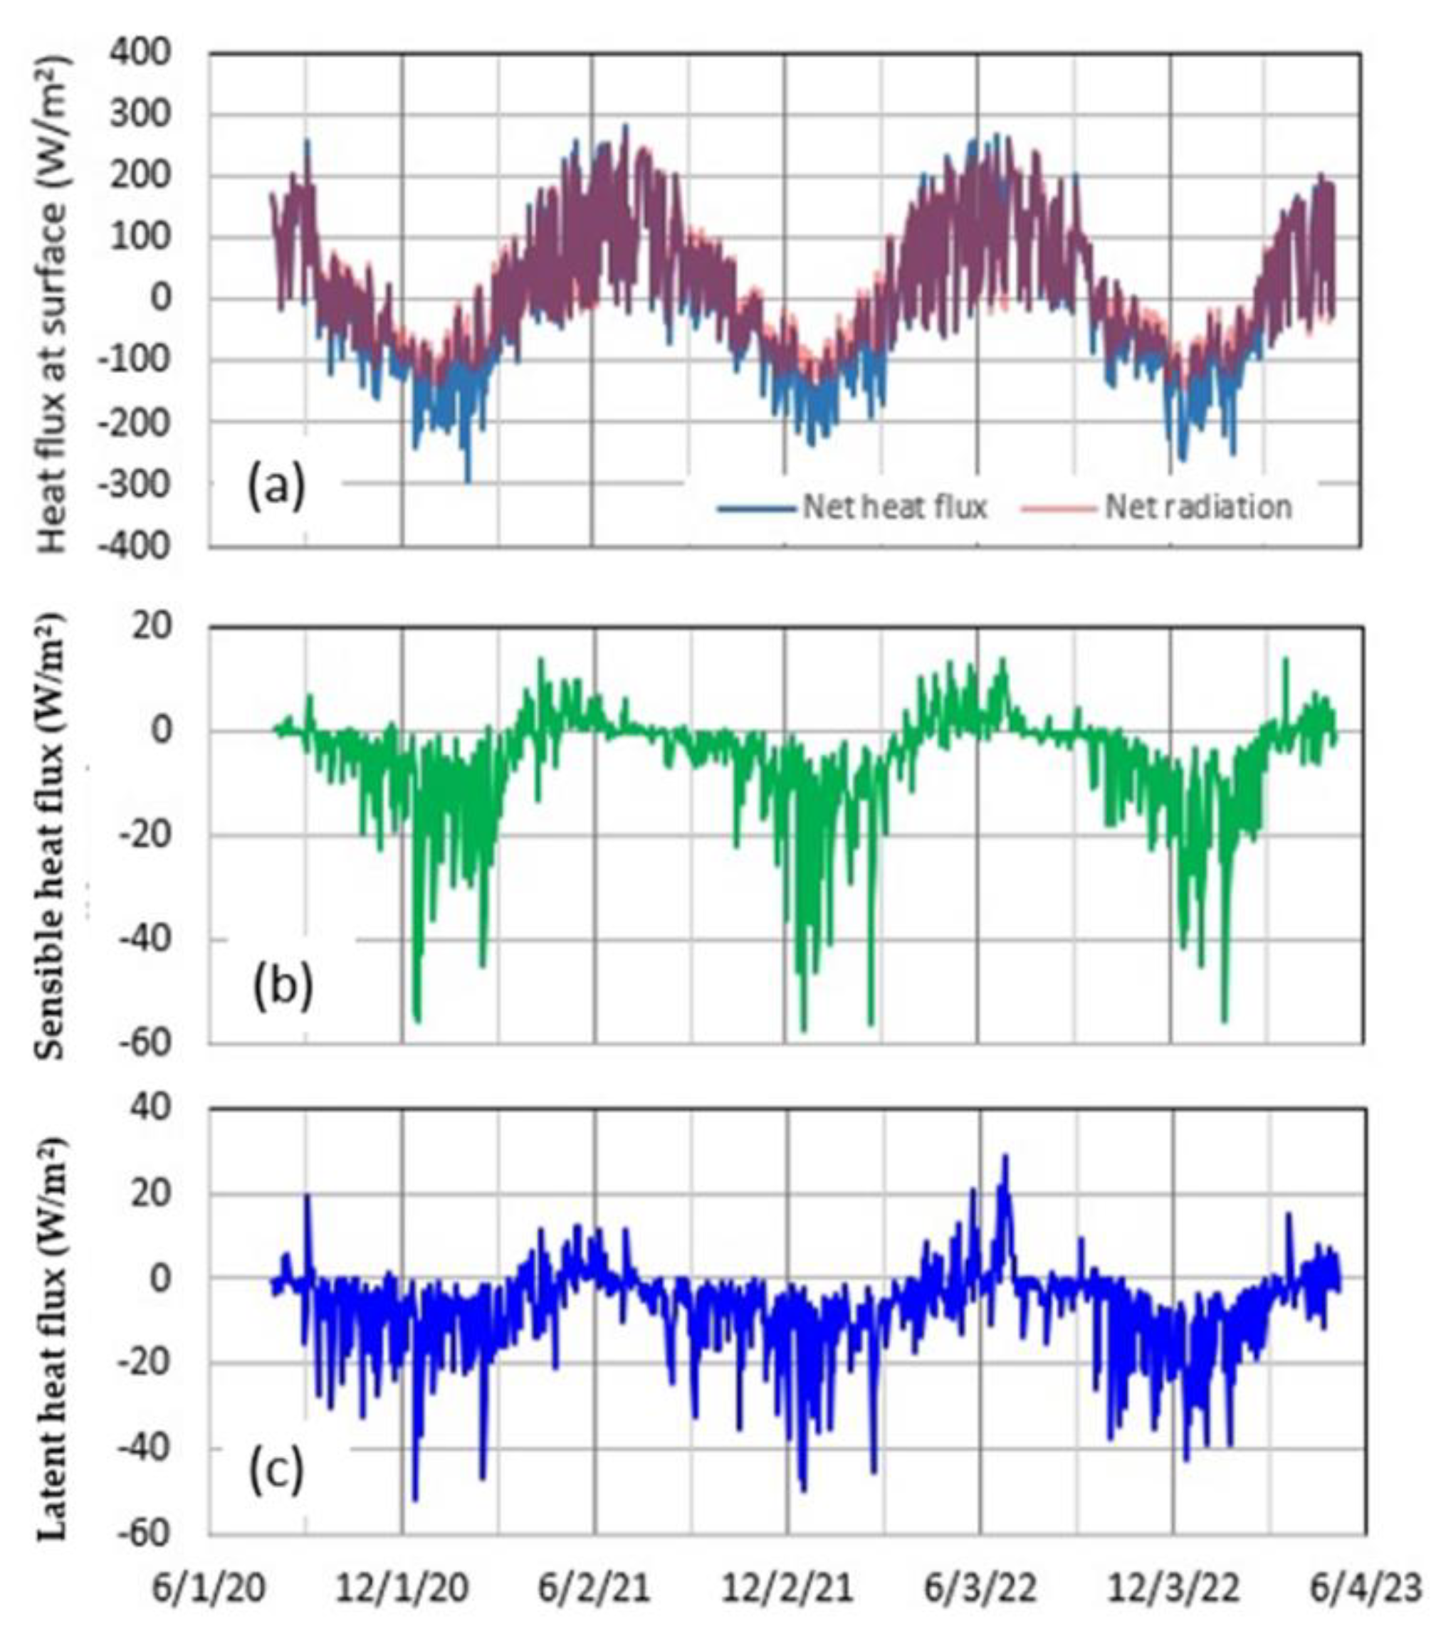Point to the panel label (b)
(x=283, y=986)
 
